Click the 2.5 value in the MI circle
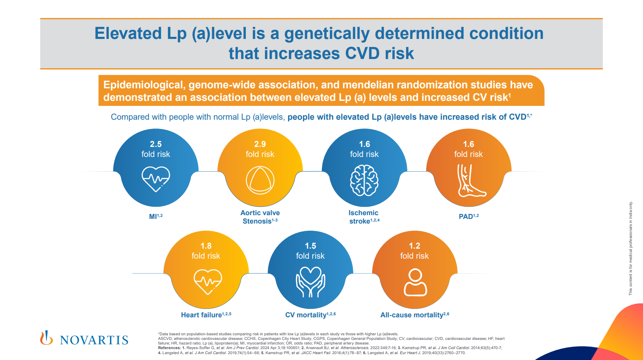pos(156,144)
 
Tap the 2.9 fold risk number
pos(260,144)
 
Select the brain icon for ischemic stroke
pos(364,180)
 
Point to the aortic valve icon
pos(260,180)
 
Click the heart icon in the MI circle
pos(156,179)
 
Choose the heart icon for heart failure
pos(208,282)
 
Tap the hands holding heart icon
pos(310,282)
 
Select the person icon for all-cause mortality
pos(415,282)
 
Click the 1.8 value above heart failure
pos(206,246)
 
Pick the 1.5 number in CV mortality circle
pos(310,246)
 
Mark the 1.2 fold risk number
pos(414,246)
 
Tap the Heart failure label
pos(201,315)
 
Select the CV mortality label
pos(306,315)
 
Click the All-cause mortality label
pos(412,315)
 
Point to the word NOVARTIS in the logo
pos(94,340)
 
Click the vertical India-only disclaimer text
pos(630,248)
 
